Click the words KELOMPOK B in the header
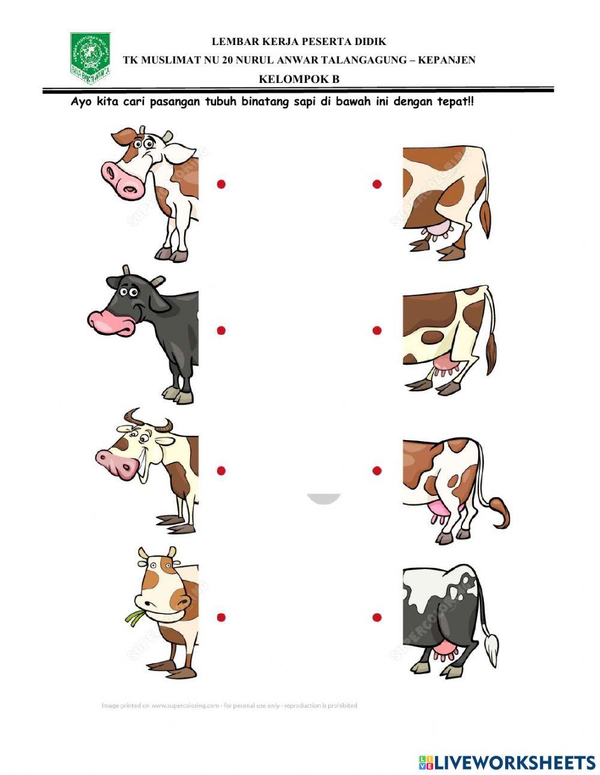tap(299, 79)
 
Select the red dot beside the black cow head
tap(221, 330)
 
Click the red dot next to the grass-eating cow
tap(221, 617)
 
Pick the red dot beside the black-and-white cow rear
tap(377, 617)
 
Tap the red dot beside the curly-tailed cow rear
tap(377, 471)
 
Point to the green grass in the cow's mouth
tap(133, 616)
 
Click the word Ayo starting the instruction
tap(82, 101)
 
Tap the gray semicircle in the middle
tap(324, 498)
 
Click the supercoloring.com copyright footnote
tap(229, 705)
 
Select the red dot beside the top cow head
tap(221, 184)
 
